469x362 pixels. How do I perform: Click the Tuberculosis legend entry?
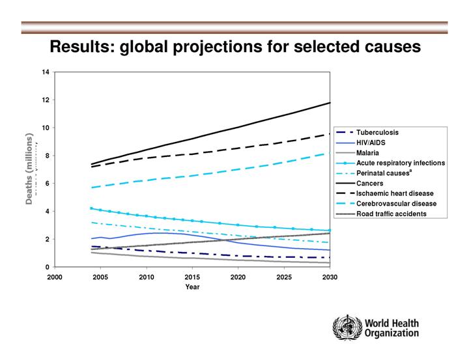click(x=377, y=132)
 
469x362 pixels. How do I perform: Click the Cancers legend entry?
click(x=369, y=183)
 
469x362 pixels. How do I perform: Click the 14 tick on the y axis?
click(x=46, y=72)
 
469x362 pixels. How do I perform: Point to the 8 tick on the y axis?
click(x=48, y=156)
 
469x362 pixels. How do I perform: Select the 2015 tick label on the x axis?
click(x=192, y=277)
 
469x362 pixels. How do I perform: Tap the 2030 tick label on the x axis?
click(x=330, y=277)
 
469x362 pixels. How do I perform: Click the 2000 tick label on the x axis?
click(x=55, y=277)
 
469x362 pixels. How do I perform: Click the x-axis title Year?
click(x=192, y=286)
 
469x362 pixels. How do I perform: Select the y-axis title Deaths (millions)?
click(x=29, y=169)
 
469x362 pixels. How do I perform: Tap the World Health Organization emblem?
click(x=347, y=327)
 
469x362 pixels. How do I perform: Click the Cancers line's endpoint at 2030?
click(x=330, y=103)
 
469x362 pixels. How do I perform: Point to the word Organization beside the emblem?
click(x=391, y=333)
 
